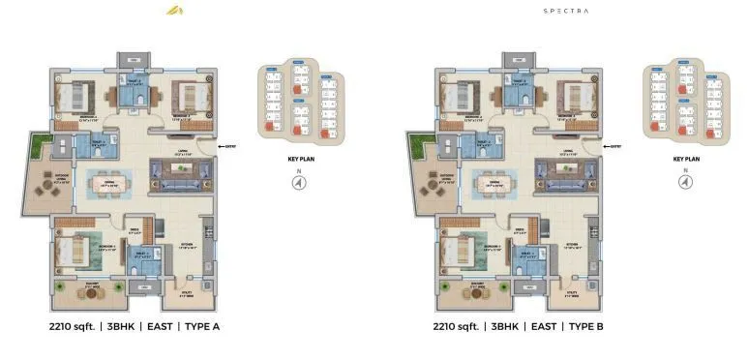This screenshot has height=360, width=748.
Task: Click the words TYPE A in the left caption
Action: click(199, 326)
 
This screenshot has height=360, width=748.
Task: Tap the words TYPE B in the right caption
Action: click(584, 326)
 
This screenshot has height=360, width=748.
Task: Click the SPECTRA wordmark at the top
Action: click(567, 11)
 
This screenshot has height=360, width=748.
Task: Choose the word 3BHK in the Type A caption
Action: click(121, 326)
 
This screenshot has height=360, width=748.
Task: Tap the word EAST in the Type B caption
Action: click(544, 326)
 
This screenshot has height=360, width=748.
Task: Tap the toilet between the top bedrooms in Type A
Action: click(132, 96)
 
